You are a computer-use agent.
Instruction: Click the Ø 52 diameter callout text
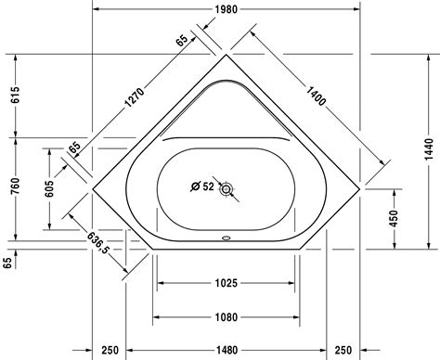click(x=201, y=186)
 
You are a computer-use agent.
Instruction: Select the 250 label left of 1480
click(x=110, y=350)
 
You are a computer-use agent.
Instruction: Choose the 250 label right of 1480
click(x=343, y=350)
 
